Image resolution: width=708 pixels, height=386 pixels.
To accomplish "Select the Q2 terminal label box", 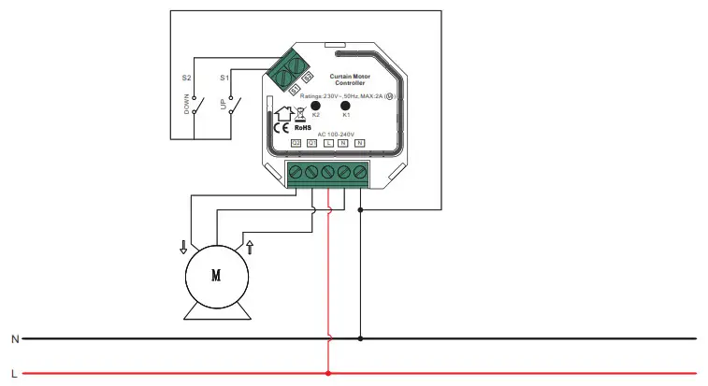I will (296, 142).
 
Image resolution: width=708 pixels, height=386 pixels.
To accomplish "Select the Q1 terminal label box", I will (311, 142).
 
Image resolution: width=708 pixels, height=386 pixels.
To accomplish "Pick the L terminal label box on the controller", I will (327, 142).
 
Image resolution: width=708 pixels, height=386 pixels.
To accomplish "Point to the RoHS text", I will (303, 129).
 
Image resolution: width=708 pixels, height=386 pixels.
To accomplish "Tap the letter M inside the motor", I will (216, 276).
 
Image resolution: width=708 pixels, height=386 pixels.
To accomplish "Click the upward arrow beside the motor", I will (250, 247).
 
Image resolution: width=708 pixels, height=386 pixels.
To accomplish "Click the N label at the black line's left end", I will (14, 338).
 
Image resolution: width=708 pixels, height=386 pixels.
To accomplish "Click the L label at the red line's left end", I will (14, 374).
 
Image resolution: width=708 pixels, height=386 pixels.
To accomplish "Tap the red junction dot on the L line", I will (328, 374).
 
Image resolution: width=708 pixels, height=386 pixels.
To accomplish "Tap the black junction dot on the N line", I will (361, 338).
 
